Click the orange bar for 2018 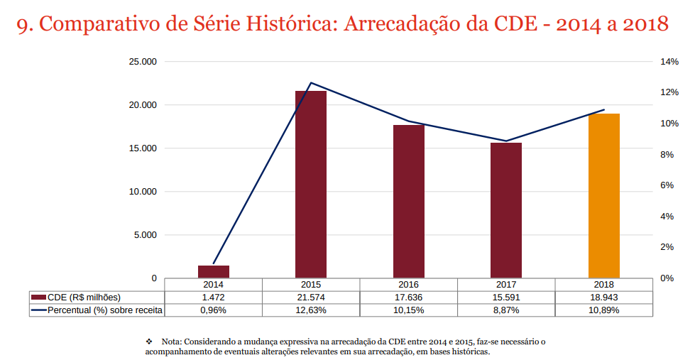(x=604, y=195)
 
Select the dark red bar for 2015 (x=311, y=184)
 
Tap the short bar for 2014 (x=214, y=271)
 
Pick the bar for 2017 (x=506, y=210)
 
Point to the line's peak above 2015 (x=311, y=83)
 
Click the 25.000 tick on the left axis (x=142, y=62)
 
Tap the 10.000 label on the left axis (x=142, y=192)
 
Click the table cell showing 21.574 (x=311, y=298)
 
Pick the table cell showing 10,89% (x=604, y=310)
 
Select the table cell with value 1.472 (x=214, y=298)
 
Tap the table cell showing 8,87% (x=506, y=310)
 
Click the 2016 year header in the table (x=409, y=284)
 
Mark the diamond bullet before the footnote (x=149, y=342)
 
